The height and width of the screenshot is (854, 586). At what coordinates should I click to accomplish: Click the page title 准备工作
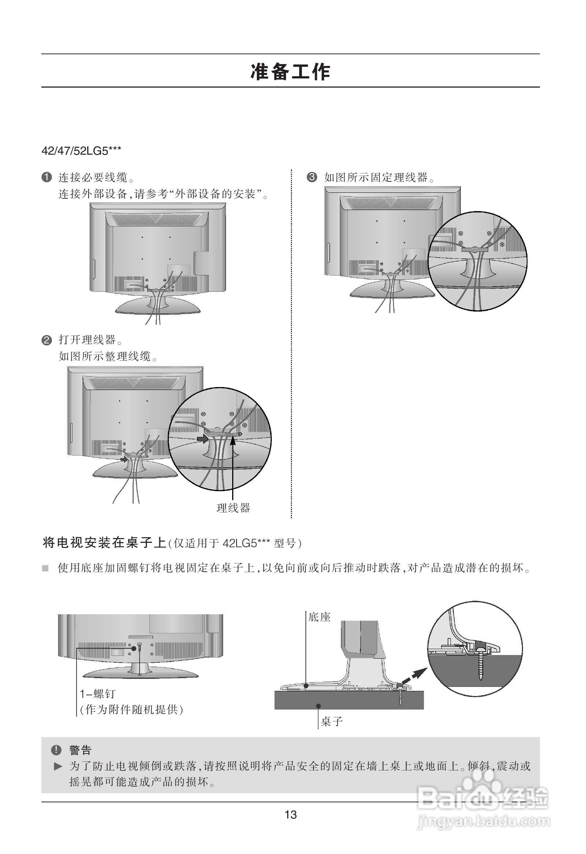[290, 72]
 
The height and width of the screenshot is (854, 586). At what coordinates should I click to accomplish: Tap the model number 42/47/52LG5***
[82, 151]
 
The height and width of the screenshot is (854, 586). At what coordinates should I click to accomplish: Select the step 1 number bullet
[47, 177]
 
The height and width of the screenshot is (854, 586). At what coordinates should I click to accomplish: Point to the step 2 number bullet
[47, 340]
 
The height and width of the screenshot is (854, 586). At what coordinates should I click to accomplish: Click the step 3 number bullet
[312, 177]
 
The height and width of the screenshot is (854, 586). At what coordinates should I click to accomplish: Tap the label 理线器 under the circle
[234, 508]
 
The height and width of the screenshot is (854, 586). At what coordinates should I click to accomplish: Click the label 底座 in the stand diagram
[319, 617]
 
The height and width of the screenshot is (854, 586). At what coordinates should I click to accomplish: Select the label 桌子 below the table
[332, 722]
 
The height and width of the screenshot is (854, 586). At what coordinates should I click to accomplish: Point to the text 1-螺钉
[98, 694]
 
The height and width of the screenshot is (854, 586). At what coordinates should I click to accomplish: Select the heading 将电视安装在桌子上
[105, 543]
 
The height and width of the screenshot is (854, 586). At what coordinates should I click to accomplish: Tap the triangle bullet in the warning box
[58, 766]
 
